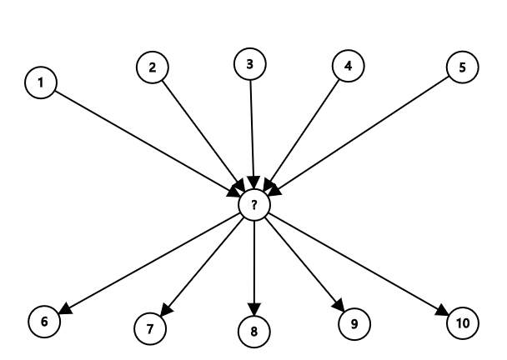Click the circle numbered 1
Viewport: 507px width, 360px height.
pos(41,82)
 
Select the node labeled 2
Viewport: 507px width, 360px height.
pos(152,67)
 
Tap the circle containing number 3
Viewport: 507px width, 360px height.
pos(249,63)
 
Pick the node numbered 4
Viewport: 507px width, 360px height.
pos(348,67)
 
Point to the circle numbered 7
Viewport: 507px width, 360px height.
pos(150,327)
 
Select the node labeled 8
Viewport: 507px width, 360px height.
pos(254,332)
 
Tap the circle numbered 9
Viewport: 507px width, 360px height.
pos(354,322)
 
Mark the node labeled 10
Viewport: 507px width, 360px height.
pos(463,322)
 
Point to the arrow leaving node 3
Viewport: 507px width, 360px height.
pos(251,125)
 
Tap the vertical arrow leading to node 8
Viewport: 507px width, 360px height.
pos(254,267)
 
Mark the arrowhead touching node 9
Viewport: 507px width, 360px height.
pos(339,304)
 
